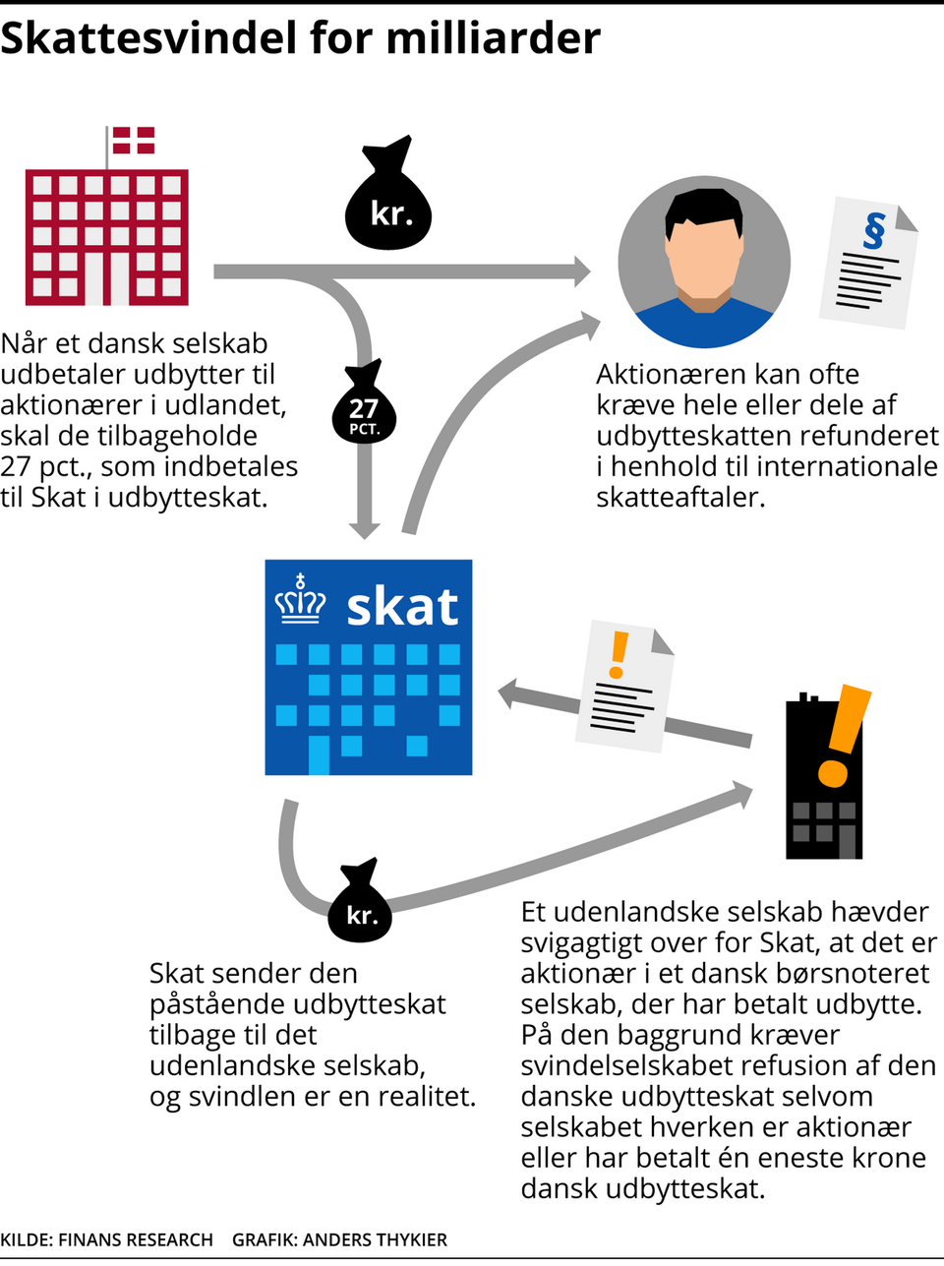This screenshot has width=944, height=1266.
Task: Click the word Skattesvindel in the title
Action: pyautogui.click(x=149, y=37)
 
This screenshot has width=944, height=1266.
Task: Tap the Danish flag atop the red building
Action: pyautogui.click(x=133, y=140)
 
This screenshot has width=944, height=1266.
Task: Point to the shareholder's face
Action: pyautogui.click(x=704, y=253)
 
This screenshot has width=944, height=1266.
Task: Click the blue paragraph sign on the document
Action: pyautogui.click(x=873, y=230)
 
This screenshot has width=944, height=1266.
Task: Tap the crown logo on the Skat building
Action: pyautogui.click(x=300, y=601)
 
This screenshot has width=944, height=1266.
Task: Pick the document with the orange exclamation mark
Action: pyautogui.click(x=625, y=685)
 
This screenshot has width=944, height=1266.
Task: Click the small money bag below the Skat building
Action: pyautogui.click(x=360, y=904)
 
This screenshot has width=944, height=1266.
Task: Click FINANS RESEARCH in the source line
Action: pyautogui.click(x=136, y=1239)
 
